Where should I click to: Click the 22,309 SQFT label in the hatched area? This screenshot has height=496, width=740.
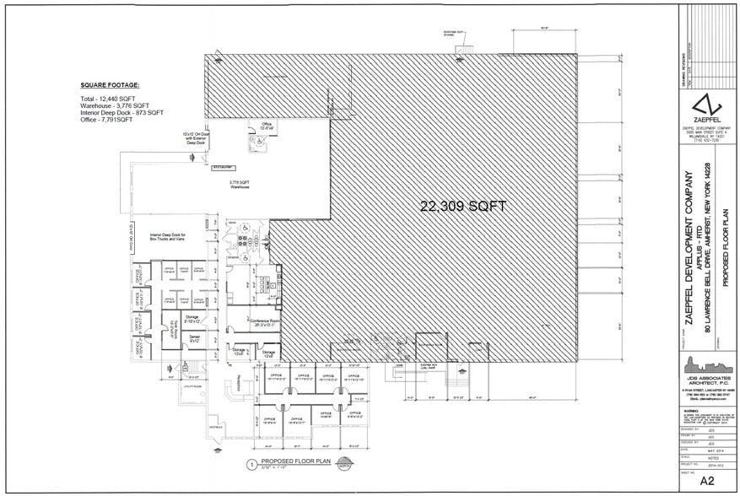(464, 206)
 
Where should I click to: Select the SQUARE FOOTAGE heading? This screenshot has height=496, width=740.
(110, 86)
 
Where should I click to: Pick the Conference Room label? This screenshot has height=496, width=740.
(263, 321)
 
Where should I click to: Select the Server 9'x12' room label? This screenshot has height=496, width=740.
(193, 337)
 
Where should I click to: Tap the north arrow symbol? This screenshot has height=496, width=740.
(344, 463)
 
